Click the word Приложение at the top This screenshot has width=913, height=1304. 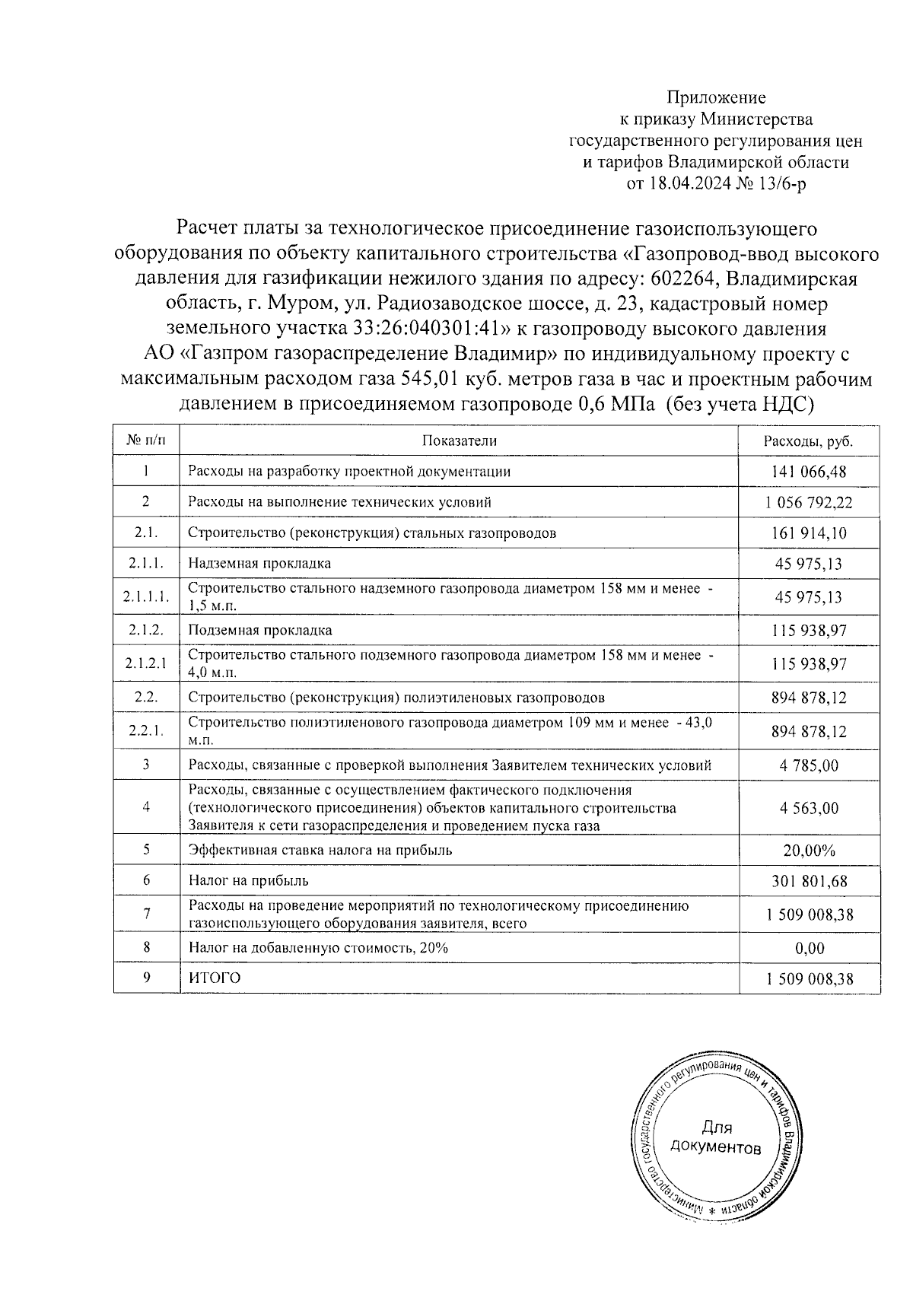coord(716,97)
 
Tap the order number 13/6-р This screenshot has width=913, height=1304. coord(786,184)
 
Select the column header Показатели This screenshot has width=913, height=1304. coord(459,441)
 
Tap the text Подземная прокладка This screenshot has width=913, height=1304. coord(259,631)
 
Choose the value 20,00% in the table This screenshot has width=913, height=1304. coord(809,851)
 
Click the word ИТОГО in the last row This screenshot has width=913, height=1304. coord(214,978)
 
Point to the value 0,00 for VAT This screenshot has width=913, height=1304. coord(809,949)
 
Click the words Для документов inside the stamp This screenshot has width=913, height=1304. coord(715,1137)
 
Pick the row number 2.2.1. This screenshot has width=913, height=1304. coord(145,732)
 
